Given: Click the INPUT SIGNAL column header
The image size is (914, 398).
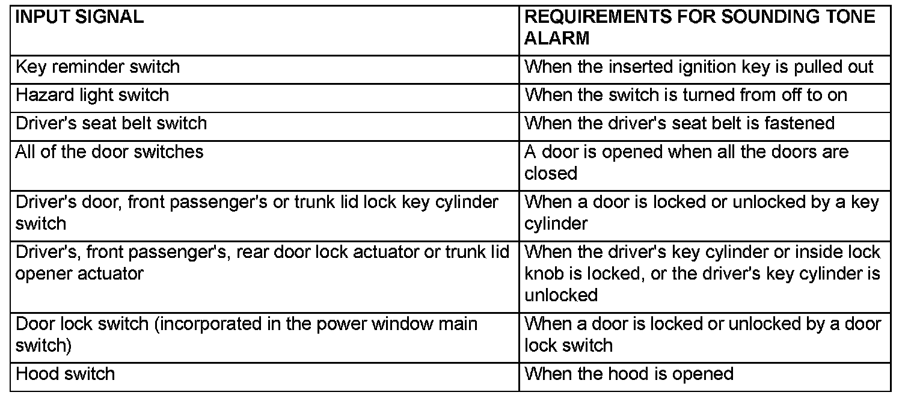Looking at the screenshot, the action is click(79, 17).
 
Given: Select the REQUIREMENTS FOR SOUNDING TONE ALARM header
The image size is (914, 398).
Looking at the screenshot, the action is click(699, 27).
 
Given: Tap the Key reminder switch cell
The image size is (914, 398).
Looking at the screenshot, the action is click(97, 66).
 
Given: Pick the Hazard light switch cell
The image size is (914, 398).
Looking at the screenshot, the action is click(92, 95).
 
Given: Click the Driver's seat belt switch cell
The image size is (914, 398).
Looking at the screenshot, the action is click(111, 123).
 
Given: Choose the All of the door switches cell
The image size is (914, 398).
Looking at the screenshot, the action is click(109, 152).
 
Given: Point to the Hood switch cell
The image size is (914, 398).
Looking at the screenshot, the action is click(65, 374).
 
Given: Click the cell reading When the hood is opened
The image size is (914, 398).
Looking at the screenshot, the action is click(629, 374).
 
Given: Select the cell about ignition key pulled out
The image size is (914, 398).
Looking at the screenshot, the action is click(699, 66).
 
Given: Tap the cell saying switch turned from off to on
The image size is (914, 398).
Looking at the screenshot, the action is click(685, 95).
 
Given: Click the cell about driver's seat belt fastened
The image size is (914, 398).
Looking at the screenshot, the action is click(679, 123).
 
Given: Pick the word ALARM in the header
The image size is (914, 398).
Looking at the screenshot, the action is click(557, 38).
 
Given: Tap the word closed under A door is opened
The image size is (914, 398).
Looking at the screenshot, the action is click(551, 173).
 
